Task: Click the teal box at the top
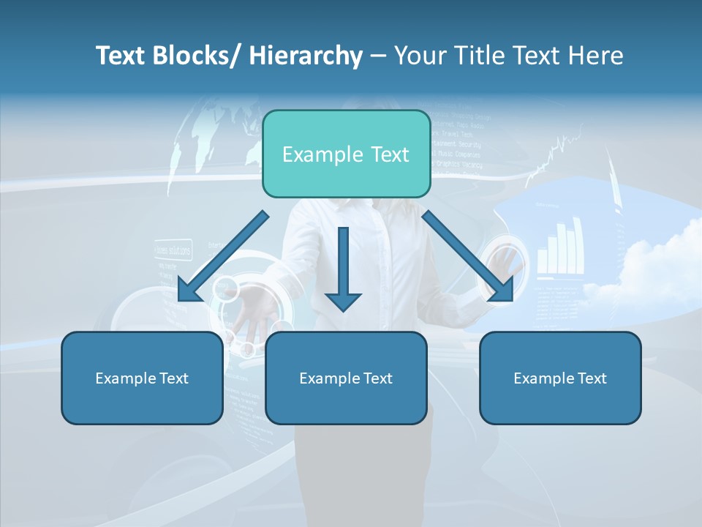(346, 154)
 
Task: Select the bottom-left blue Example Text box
(142, 378)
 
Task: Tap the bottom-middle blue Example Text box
(346, 378)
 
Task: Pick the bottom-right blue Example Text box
(560, 378)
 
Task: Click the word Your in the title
(417, 56)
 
